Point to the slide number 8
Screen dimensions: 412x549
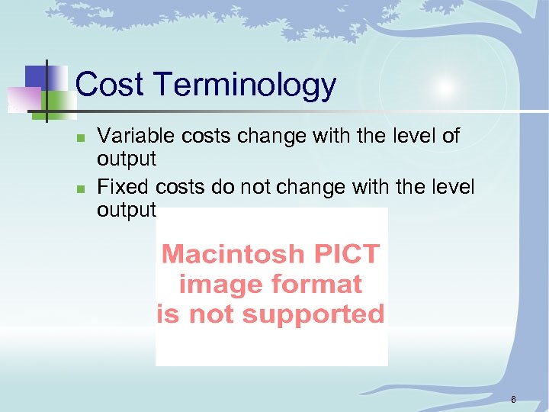(x=514, y=399)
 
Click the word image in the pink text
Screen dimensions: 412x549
(x=219, y=285)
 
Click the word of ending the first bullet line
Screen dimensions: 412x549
(x=451, y=136)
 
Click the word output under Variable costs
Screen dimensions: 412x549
(x=127, y=159)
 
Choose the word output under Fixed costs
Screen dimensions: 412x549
(x=127, y=210)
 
